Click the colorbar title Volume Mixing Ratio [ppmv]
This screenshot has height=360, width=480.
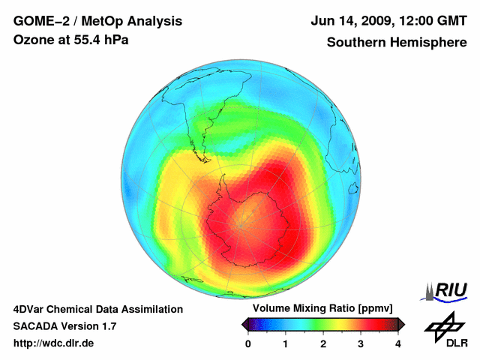point(322,309)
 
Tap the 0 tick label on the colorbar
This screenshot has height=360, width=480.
point(248,343)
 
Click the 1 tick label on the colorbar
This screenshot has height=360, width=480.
point(286,343)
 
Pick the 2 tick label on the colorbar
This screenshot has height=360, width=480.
point(323,343)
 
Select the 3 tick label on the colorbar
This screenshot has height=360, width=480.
point(361,343)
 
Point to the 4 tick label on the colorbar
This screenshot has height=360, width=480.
point(398,343)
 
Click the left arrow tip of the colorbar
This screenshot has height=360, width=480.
point(243,324)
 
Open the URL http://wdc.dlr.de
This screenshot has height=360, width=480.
point(54,343)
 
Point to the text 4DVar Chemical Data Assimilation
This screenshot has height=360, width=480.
point(98,309)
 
